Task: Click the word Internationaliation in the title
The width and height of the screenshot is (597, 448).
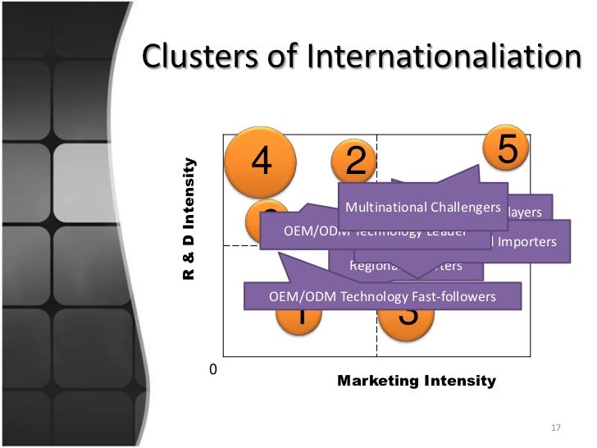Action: coord(440,57)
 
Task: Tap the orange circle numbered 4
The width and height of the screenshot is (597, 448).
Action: coord(261,162)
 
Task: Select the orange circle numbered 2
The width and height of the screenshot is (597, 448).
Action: coord(354,159)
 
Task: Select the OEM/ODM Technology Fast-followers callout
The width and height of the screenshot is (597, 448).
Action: coord(382,296)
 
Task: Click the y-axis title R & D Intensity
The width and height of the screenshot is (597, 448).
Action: coord(189,217)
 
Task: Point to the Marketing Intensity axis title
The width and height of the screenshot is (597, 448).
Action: coord(417,381)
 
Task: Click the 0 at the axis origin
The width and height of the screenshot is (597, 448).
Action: coord(213,370)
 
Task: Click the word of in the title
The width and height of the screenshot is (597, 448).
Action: coord(283,57)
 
